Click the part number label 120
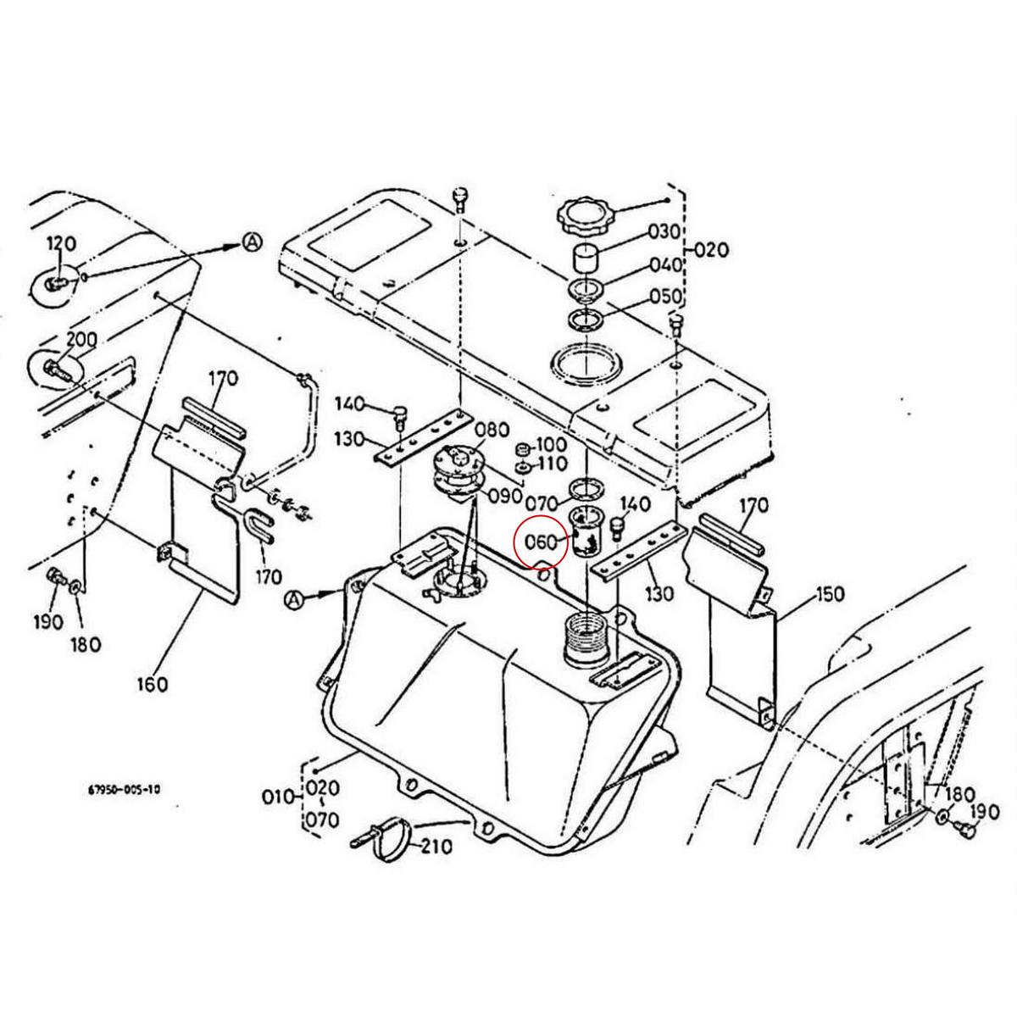[x=61, y=244]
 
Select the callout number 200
[x=81, y=340]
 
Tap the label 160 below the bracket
[x=152, y=683]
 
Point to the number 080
[x=492, y=429]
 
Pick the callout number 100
[x=552, y=445]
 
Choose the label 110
[x=553, y=465]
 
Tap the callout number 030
[x=664, y=231]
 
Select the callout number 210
[x=436, y=846]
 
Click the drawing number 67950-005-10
[x=124, y=789]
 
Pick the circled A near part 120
[x=253, y=242]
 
